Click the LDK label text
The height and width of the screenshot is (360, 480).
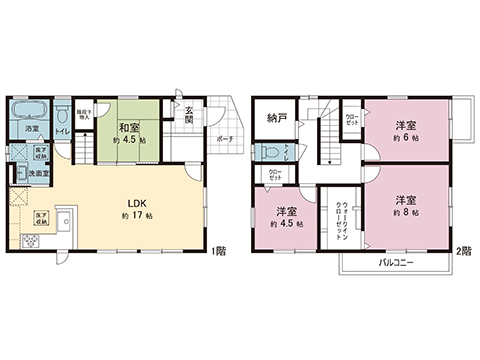click(137, 200)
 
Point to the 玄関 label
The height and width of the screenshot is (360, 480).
click(189, 115)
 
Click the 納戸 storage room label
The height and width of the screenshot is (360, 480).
click(277, 118)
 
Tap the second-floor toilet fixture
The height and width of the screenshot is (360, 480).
click(271, 152)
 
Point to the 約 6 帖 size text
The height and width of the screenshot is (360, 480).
click(405, 138)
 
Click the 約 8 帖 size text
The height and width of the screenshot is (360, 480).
click(405, 213)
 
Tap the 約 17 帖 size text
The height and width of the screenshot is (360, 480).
click(137, 215)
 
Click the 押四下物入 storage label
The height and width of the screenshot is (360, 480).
click(85, 114)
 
